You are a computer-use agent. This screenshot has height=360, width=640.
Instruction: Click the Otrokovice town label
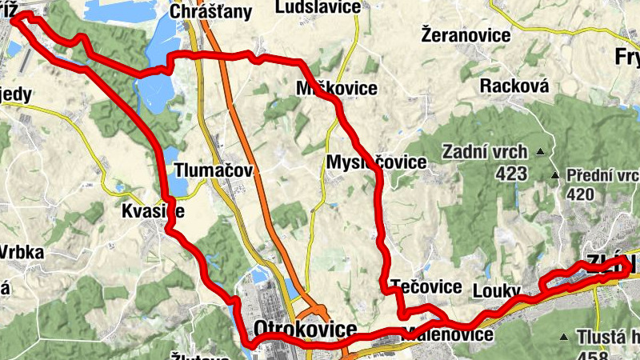[305, 330]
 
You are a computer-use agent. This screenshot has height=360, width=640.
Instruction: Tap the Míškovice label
[336, 88]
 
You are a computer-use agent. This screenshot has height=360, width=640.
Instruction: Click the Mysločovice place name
[376, 162]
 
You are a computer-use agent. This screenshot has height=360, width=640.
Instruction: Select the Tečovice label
[426, 286]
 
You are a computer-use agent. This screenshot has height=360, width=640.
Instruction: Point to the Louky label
[497, 289]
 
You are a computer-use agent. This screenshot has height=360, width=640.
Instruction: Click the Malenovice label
[450, 334]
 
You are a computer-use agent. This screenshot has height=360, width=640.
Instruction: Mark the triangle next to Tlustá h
[565, 338]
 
